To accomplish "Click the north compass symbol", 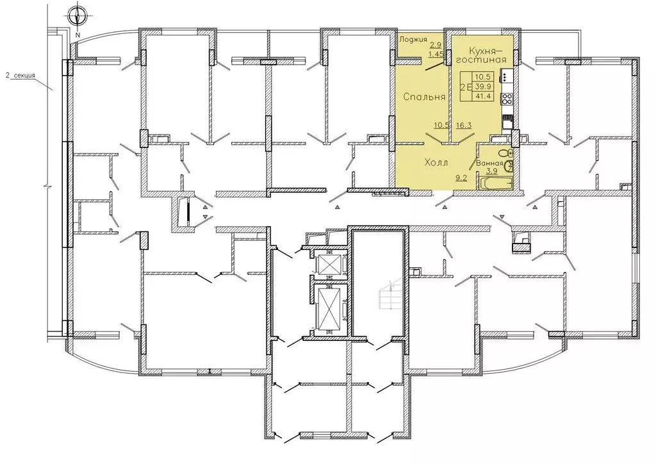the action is tap(78, 16).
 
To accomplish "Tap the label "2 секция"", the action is tap(20, 76).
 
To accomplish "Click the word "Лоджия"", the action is tap(413, 39).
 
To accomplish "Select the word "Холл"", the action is tap(436, 162).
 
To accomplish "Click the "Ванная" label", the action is tap(489, 163).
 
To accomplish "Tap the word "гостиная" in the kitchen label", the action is tap(481, 60).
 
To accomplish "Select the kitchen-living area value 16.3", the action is tap(464, 125).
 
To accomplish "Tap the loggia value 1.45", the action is tap(436, 53).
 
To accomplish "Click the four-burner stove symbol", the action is tap(507, 99).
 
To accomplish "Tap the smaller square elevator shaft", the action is tap(330, 263).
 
